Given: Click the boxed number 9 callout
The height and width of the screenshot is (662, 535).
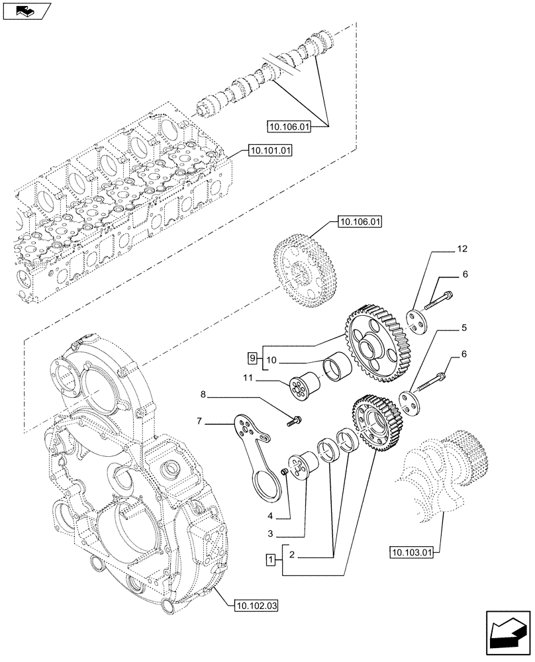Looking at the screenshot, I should tap(252, 358).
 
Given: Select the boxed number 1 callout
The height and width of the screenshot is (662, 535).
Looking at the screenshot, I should tap(269, 560).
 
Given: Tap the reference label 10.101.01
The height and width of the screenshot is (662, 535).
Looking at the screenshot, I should tap(269, 150).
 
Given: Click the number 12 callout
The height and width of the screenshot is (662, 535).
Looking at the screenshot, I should tap(462, 249).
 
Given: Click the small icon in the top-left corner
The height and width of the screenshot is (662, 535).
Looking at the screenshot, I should tap(24, 11).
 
